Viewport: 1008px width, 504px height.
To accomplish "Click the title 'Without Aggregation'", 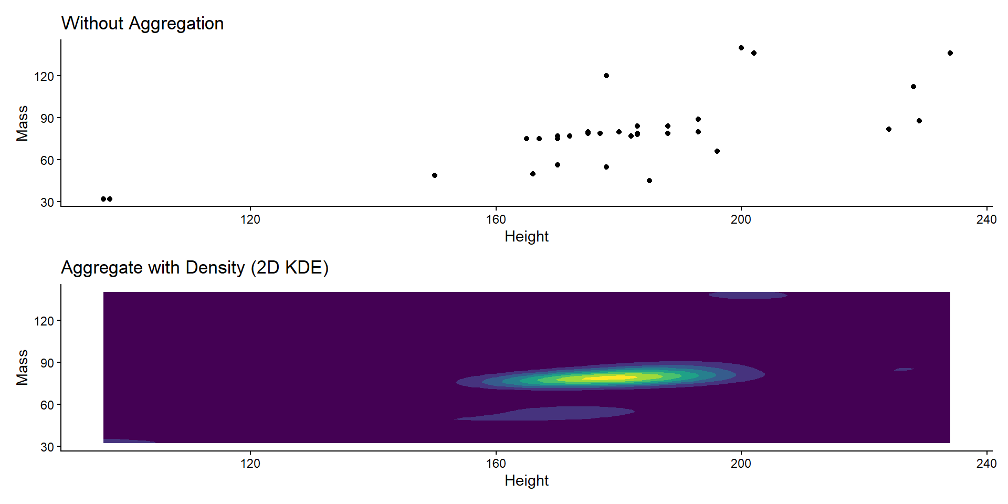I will [142, 24].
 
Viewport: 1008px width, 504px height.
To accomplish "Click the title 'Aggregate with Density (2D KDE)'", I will [195, 268].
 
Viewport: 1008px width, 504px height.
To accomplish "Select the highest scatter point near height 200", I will [741, 48].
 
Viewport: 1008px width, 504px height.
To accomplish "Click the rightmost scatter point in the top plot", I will [950, 53].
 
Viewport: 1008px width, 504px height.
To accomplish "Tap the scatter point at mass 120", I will [606, 76].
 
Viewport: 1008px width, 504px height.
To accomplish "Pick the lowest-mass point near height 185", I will [649, 181].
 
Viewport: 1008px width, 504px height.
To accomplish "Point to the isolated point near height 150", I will [435, 175].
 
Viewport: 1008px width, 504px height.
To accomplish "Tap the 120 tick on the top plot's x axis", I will [250, 219].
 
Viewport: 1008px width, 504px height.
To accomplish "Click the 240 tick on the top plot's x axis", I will [986, 219].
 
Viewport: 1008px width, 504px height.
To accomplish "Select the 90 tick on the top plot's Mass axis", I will [47, 118].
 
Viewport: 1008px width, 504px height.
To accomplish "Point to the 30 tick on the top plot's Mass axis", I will [47, 202].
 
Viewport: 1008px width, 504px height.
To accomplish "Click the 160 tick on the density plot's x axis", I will [496, 464].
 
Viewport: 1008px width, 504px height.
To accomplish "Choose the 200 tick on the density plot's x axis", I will [741, 464].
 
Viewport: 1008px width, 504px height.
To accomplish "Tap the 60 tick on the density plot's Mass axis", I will [47, 405].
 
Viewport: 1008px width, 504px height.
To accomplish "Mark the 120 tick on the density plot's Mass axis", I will [44, 321].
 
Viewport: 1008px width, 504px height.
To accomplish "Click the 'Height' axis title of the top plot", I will [527, 237].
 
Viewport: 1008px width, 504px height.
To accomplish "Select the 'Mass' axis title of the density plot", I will [22, 367].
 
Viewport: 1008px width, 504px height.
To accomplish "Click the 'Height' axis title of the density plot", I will [527, 481].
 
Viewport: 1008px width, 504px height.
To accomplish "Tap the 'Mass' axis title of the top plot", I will [22, 123].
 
